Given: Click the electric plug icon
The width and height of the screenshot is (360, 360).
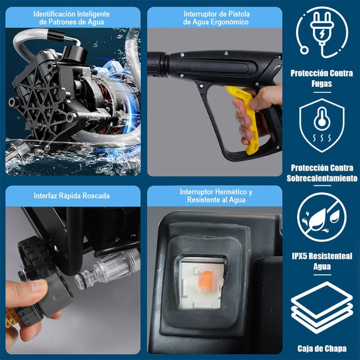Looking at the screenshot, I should point(321,32).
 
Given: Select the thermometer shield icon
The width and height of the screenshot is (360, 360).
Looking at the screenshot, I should point(321,125).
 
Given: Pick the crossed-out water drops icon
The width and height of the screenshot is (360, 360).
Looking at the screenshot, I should point(321,217).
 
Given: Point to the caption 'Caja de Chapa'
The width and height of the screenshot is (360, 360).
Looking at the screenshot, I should point(321,348).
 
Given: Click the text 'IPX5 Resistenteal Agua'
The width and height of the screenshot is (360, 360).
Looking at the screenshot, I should point(321,262).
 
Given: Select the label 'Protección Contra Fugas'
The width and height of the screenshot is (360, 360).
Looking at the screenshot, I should point(321,78).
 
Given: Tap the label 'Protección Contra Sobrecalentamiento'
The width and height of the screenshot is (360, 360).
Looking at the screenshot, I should point(321,173).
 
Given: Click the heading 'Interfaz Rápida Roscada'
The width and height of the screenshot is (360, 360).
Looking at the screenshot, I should point(71,195).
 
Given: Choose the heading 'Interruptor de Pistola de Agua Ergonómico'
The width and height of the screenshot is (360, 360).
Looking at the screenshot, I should point(216,18).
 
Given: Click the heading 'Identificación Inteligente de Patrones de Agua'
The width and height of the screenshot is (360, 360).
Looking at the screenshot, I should point(71,18).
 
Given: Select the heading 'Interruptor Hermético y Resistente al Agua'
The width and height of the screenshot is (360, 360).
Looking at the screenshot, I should point(216,195).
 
